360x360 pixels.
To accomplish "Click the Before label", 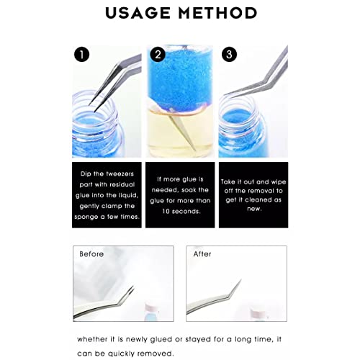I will (x=92, y=254).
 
